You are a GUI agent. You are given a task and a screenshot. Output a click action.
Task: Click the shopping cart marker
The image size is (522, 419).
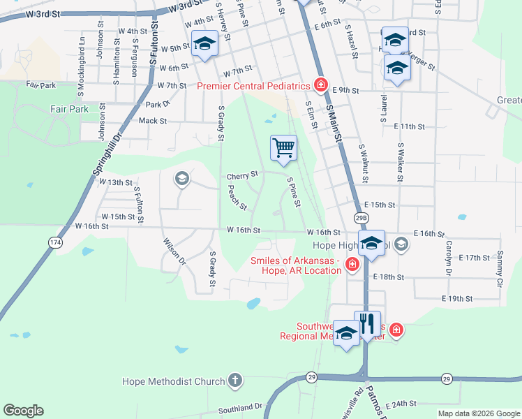283,148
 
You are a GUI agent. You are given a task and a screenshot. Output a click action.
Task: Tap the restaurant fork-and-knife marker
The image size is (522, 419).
368,324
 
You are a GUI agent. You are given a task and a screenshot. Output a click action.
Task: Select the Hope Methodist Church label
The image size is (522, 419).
173,381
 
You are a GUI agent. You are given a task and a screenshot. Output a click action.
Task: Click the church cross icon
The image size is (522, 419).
236,381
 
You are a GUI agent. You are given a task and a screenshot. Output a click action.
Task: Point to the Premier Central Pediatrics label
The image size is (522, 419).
253,86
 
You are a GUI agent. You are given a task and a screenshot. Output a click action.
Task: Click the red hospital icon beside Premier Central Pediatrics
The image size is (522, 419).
320,85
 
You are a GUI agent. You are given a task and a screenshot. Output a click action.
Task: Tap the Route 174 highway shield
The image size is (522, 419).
54,242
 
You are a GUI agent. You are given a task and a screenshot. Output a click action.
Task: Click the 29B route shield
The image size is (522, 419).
360,218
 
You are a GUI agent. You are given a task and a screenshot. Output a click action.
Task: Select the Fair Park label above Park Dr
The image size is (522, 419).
69,110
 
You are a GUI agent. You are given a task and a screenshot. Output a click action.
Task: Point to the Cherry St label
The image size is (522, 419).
242,174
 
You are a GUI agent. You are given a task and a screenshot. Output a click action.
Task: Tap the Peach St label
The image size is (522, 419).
239,197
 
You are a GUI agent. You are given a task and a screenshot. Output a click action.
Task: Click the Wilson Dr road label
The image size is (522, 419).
174,251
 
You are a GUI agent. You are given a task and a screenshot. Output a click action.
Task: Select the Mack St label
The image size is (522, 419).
153,121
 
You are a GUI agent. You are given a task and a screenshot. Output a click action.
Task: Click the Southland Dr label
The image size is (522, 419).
239,406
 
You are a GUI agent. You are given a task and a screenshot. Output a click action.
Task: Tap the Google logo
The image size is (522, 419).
23,411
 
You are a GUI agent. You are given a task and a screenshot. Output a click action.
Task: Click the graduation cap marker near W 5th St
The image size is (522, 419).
204,44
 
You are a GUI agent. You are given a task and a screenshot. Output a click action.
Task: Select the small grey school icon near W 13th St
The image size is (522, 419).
182,179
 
